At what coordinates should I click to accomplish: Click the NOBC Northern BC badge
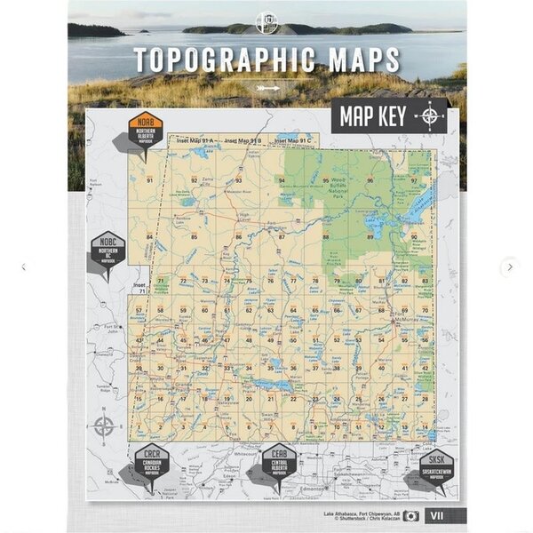[x=108, y=251]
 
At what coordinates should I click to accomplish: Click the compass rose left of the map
[x=104, y=426]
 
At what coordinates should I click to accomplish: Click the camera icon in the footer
[x=411, y=515]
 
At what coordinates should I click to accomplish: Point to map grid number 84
[x=150, y=237]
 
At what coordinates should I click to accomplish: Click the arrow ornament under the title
[x=267, y=87]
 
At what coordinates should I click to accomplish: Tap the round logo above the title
[x=266, y=23]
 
